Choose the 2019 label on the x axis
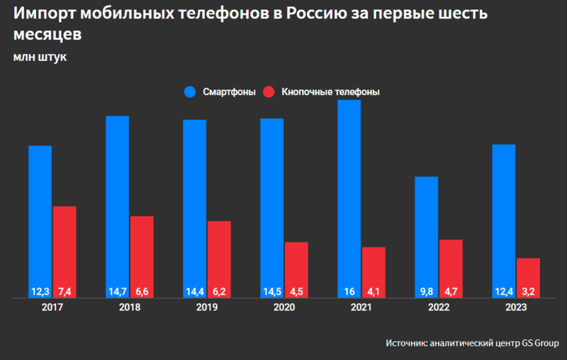207,308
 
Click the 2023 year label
516,308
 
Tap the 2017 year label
52,308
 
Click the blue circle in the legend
190,93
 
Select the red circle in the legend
269,93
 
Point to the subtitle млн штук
40,57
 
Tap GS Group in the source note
541,343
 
